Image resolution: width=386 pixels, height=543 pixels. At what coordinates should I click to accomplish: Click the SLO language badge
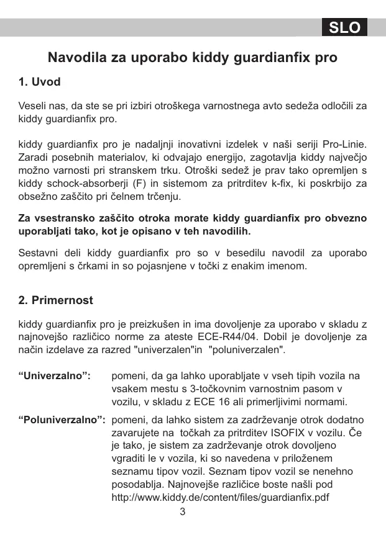coord(344,27)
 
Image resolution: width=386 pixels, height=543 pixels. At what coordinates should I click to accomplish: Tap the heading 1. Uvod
coord(40,81)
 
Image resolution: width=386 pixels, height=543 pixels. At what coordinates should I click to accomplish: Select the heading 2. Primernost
coord(56,300)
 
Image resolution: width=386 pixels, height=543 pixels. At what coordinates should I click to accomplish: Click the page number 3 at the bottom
coord(183,512)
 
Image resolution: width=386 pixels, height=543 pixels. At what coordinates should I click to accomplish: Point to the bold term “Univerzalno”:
coord(55,376)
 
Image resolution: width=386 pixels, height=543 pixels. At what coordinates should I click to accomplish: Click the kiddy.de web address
coord(219,498)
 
